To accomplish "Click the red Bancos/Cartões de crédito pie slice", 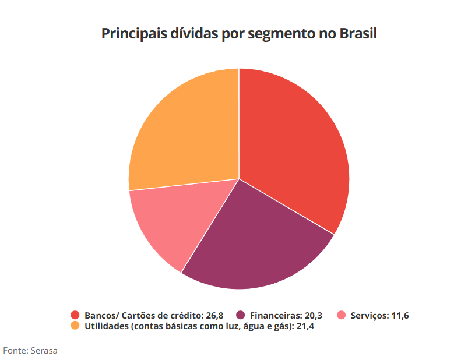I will click(291, 146).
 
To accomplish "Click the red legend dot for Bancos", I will click(75, 316).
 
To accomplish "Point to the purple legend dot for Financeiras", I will click(240, 316).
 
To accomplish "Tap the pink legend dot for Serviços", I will click(342, 316).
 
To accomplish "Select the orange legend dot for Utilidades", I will click(75, 326).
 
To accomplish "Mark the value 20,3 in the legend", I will click(313, 316).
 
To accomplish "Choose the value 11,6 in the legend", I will click(400, 316).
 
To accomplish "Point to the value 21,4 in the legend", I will click(305, 326).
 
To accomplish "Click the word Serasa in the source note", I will click(44, 350).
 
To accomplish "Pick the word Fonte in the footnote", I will click(14, 350).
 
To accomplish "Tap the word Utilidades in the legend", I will click(106, 326).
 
